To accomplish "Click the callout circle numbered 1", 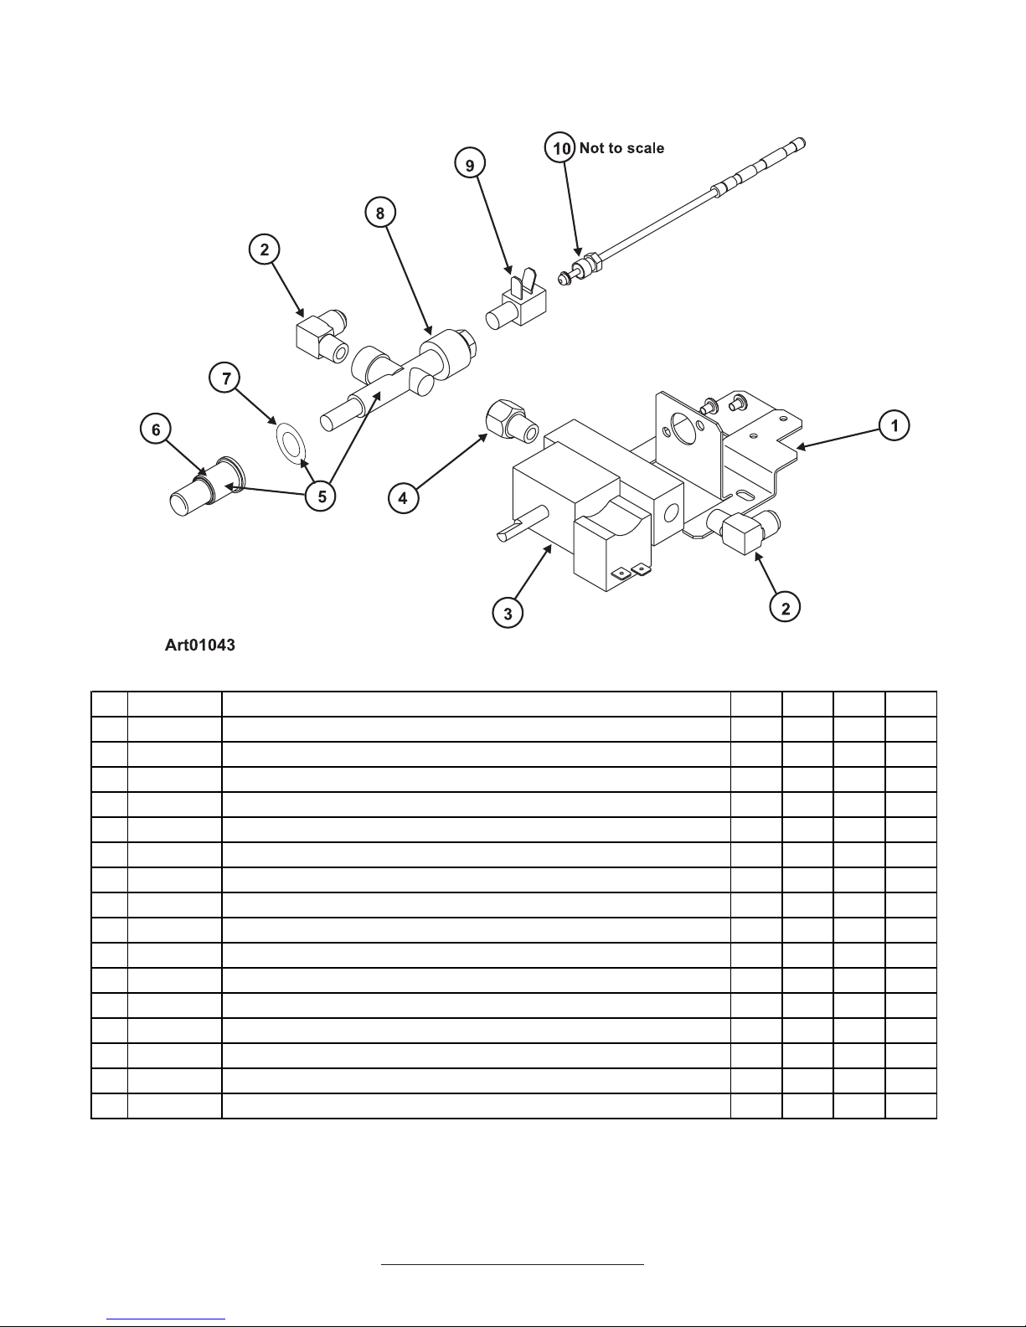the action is tap(895, 425).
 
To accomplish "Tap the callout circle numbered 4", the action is tap(404, 497).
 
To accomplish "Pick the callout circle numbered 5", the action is tap(321, 496).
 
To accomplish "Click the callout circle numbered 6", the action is tap(156, 429).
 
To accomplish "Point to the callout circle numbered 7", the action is tap(224, 378).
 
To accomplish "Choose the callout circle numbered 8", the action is tap(380, 213).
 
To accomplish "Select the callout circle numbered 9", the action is tap(470, 164).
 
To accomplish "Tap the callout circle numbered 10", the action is tap(560, 147).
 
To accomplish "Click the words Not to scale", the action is tap(621, 148).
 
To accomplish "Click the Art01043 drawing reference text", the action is tap(199, 645).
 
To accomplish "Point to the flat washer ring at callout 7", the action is tap(291, 443).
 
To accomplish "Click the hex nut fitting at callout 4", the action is tap(512, 421).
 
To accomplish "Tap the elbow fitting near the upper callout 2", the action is tap(322, 335).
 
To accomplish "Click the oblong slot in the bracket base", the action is tap(745, 493).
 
